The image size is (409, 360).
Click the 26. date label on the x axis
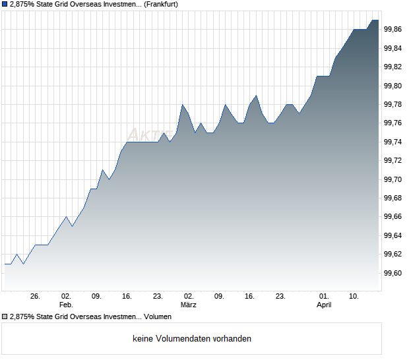[x=36, y=297]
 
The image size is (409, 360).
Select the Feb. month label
[x=66, y=305]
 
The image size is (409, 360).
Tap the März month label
[x=189, y=305]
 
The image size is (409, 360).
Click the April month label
[x=324, y=305]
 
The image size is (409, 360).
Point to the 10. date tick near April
[x=354, y=297]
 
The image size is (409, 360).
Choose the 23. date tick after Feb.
[x=158, y=297]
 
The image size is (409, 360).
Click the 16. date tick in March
[x=250, y=297]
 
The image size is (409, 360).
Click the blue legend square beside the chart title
[x=5, y=4]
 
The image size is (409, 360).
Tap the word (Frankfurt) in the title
[x=162, y=4]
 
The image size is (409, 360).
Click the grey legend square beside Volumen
[x=5, y=316]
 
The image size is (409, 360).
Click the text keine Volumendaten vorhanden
[x=192, y=338]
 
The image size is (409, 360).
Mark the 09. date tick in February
[x=96, y=297]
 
